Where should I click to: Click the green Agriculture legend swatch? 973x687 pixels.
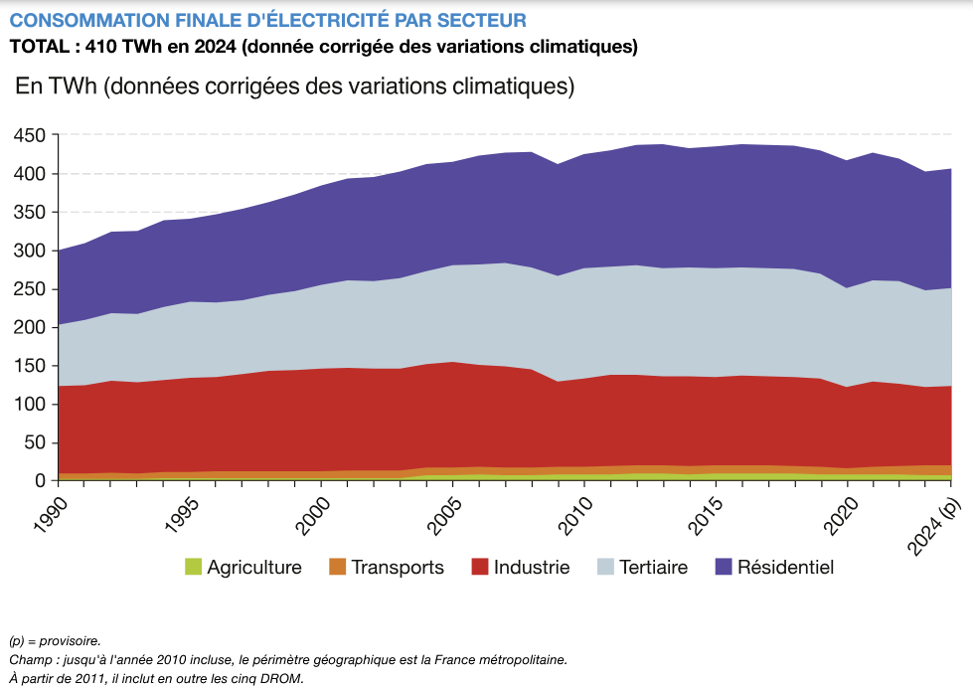(193, 568)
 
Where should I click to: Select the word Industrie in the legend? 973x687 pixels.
(532, 568)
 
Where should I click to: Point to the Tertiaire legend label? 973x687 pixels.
(653, 568)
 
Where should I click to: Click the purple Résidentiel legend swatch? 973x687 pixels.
(723, 568)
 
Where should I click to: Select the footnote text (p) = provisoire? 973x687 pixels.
(55, 641)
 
